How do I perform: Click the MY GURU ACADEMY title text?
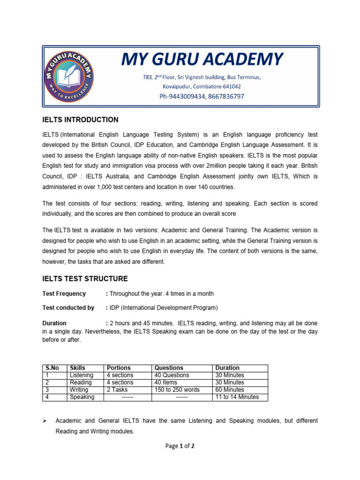click(x=202, y=59)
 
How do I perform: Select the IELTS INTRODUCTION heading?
click(x=80, y=120)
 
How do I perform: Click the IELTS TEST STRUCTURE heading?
click(x=85, y=279)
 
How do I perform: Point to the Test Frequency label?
click(x=64, y=294)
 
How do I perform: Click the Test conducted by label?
click(x=68, y=308)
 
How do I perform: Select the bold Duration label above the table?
click(x=54, y=323)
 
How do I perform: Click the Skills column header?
click(x=77, y=368)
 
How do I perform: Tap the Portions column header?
click(x=119, y=368)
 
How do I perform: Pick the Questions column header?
click(x=168, y=368)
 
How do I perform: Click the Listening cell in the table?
click(x=82, y=375)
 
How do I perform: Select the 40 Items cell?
click(x=166, y=382)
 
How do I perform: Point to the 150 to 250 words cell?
click(x=177, y=390)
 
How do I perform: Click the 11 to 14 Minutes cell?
click(x=236, y=397)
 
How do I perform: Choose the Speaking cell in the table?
click(x=82, y=397)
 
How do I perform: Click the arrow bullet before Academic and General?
click(x=45, y=421)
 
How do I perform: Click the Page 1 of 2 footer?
click(x=180, y=446)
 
